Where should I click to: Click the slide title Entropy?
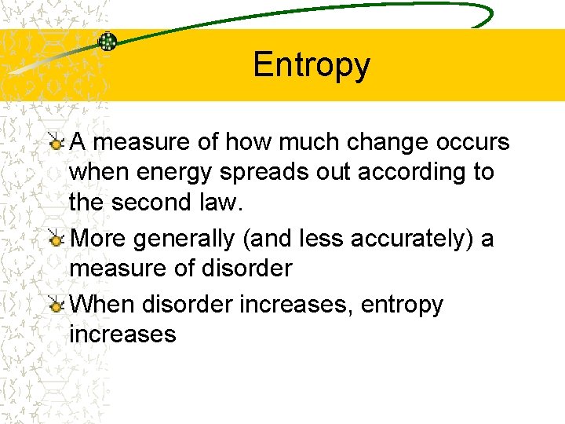311,65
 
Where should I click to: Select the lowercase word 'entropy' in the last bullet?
402,305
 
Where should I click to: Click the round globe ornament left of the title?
108,42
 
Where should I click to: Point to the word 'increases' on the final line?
122,334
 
